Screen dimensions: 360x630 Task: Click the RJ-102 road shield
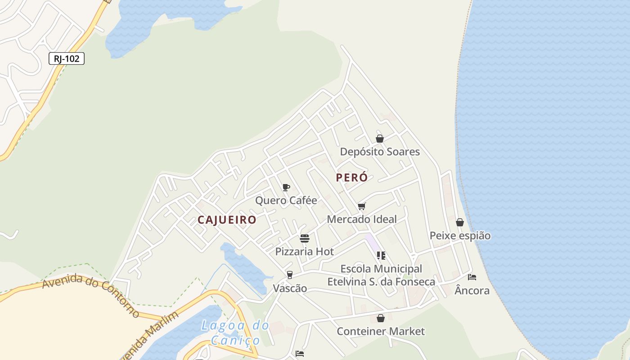(x=67, y=58)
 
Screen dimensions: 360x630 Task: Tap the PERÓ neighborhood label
(x=352, y=178)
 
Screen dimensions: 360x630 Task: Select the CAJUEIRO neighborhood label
(x=227, y=220)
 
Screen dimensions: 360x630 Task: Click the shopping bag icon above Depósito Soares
(x=380, y=139)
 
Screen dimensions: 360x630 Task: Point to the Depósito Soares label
(x=380, y=152)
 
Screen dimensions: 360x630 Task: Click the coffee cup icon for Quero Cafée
(x=286, y=187)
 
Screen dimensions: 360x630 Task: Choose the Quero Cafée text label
(x=286, y=200)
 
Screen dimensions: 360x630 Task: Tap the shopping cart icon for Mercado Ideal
(x=362, y=206)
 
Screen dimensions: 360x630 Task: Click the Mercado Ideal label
(x=362, y=219)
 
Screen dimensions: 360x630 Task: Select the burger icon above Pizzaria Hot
(x=305, y=238)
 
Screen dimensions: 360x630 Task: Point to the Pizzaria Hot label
(x=305, y=252)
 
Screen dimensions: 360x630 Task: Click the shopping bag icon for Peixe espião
(x=460, y=222)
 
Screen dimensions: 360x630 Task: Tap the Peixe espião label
(x=460, y=235)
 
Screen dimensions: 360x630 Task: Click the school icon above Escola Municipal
(x=381, y=256)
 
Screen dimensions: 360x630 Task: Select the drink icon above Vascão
(x=290, y=275)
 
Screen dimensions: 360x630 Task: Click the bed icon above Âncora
(x=472, y=277)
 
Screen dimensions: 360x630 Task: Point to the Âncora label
(x=472, y=291)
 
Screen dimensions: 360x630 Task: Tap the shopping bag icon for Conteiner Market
(x=381, y=318)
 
